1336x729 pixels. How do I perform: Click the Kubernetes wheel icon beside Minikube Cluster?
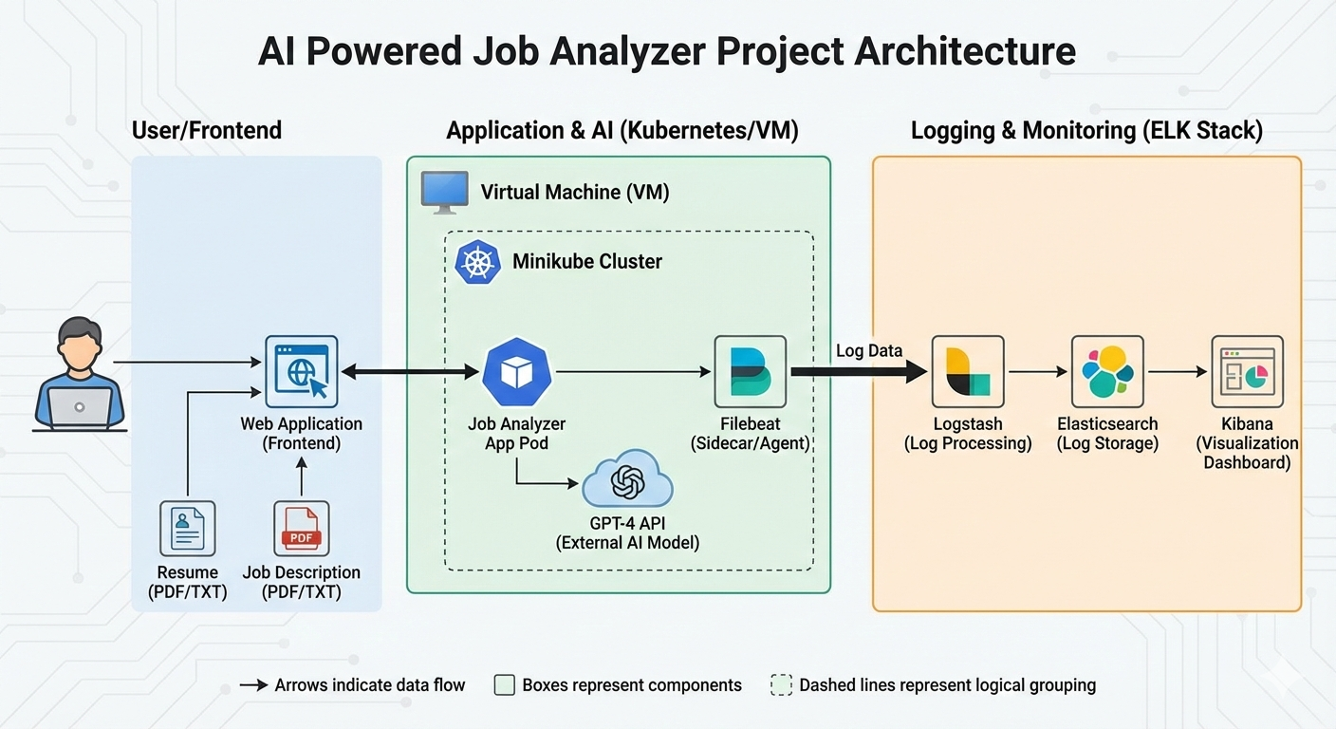478,262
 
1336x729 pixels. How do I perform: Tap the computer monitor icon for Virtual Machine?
445,192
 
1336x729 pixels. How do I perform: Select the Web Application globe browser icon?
301,372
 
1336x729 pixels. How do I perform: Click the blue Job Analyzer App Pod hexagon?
517,372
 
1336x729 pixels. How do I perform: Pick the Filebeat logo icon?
750,372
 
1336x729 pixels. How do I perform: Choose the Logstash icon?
967,372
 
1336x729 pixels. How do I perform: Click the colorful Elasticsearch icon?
1107,372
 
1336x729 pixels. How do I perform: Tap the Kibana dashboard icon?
1247,372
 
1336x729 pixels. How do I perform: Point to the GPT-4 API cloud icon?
627,482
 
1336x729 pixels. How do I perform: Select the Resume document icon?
187,528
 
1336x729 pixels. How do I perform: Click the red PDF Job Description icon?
301,528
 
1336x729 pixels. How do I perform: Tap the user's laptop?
80,406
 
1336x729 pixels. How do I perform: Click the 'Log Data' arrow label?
868,350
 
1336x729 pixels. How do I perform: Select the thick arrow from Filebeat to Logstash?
858,372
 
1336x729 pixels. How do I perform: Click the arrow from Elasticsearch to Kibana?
1177,372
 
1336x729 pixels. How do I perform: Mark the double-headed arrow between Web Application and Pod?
410,372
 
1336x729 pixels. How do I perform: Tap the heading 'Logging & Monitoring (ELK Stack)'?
1086,130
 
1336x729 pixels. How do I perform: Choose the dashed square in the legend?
781,685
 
